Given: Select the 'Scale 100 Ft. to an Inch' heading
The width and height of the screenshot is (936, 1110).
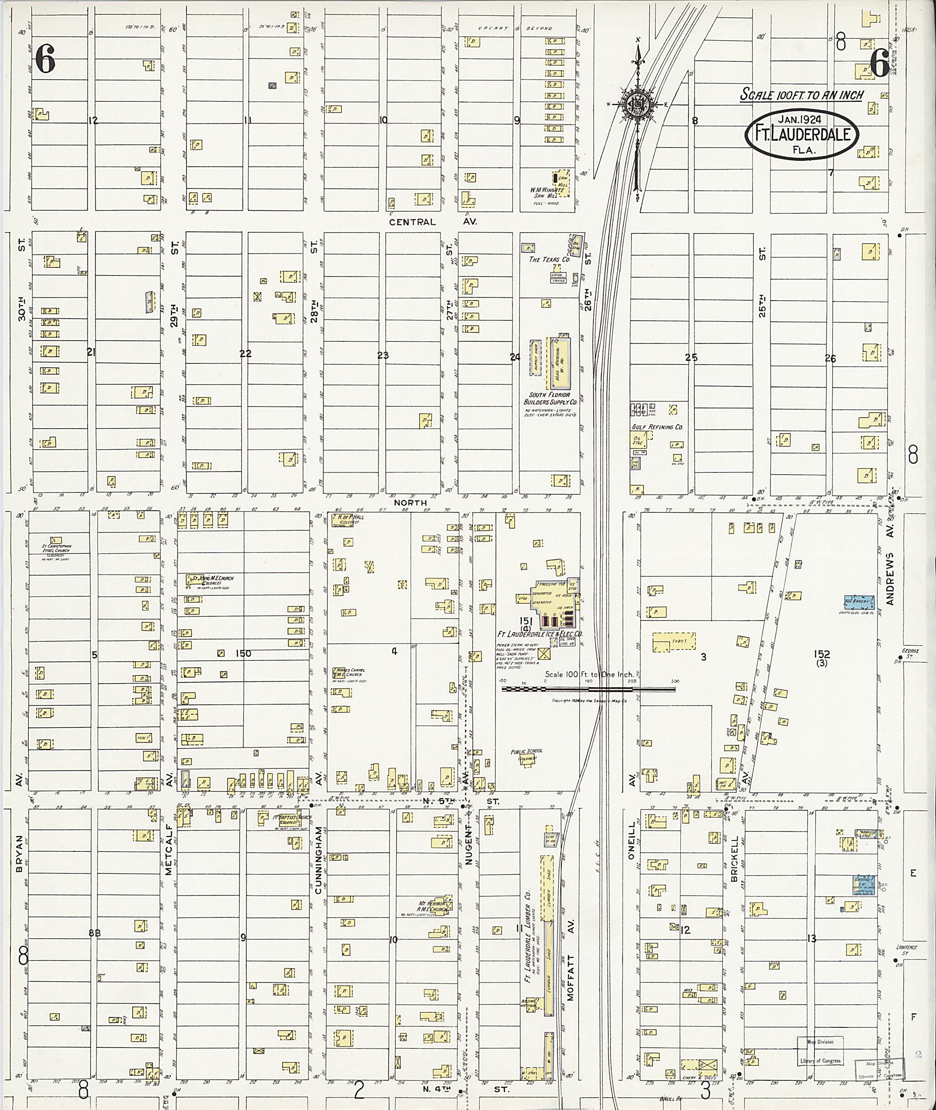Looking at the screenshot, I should (x=802, y=95).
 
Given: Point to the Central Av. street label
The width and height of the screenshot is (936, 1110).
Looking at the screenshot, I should (x=432, y=222).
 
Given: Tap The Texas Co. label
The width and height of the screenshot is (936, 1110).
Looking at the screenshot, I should (x=549, y=260).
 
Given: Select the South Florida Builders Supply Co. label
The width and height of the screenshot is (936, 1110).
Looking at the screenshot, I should (x=550, y=398).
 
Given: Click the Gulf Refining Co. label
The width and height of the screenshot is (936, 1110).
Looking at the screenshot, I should (x=657, y=427).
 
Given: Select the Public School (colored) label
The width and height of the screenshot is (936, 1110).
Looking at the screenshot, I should (x=526, y=754).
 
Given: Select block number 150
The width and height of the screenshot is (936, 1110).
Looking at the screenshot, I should (x=243, y=653).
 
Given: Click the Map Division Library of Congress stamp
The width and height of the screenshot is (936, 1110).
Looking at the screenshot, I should (x=820, y=1051).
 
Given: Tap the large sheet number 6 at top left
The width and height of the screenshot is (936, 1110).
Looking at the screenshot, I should (x=45, y=59).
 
